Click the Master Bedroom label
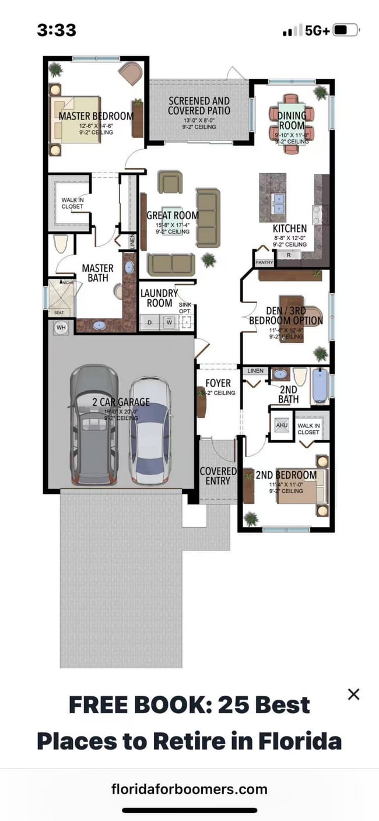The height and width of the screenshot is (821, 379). pos(96,116)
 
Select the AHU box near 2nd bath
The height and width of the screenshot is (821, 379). pos(282,426)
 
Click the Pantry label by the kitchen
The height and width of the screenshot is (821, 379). pos(264,263)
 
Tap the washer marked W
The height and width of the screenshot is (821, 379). pos(169,322)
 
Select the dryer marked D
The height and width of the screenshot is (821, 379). pos(149,322)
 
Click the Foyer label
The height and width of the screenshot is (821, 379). pos(218,383)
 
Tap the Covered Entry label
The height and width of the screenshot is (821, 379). pos(218,476)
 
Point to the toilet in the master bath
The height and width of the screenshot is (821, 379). pos(61,244)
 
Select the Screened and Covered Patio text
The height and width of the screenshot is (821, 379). pos(199,106)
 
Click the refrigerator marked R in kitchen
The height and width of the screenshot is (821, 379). pos(289,255)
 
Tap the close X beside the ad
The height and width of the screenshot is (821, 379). pos(353,694)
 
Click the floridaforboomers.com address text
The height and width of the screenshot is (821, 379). pos(189,790)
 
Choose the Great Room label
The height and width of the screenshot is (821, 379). pos(173,216)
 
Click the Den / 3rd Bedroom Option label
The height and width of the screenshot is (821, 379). pos(286,315)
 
